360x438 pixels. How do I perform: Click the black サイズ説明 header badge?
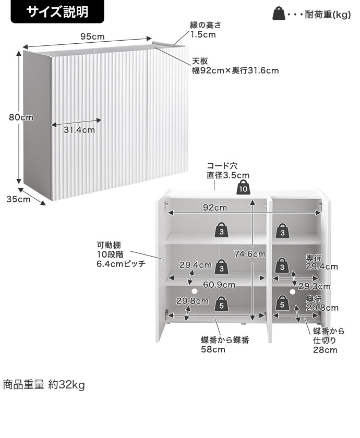coord(57,12)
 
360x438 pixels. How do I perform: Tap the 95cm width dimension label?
coord(92,36)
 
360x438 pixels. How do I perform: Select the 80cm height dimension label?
coord(21,117)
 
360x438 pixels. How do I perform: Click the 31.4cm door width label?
coord(79,130)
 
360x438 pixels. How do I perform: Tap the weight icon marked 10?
coord(243,188)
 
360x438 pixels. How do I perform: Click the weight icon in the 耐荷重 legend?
coord(279,14)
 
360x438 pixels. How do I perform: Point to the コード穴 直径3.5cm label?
coord(228,171)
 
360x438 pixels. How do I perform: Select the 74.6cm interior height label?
coord(250,254)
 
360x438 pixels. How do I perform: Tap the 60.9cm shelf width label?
coord(219,285)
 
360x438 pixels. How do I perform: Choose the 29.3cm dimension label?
coord(314,286)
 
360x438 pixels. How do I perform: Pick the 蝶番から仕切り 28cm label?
coord(329,340)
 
